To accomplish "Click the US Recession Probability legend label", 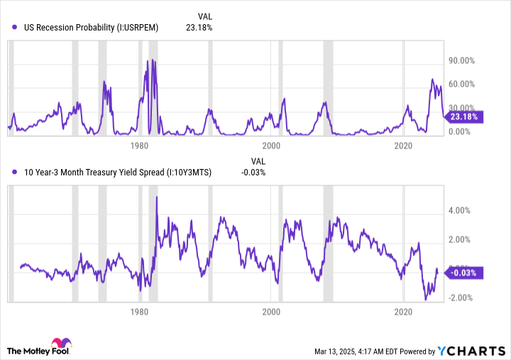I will (91, 28).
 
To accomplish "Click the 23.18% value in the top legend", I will (199, 28).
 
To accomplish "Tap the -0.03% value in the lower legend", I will (253, 172).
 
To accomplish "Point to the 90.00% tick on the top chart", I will (461, 60).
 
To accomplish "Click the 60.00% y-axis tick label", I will (461, 84).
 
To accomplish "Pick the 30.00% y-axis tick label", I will (461, 107).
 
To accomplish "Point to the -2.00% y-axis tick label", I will (461, 298).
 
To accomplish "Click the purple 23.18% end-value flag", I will (465, 116).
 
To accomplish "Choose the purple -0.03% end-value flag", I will (465, 272).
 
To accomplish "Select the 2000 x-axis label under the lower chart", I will (271, 312).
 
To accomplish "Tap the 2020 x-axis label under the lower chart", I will (403, 312).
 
